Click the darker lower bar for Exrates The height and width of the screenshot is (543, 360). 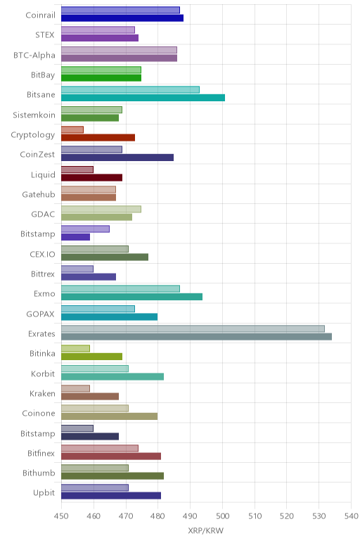(x=196, y=336)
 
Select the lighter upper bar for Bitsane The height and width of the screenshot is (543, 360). (x=130, y=90)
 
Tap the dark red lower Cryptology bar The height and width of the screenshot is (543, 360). (x=98, y=137)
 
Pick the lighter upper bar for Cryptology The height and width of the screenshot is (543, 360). (x=72, y=129)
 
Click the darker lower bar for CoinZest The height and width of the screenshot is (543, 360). (x=117, y=158)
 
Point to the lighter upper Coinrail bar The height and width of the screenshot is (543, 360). (x=120, y=10)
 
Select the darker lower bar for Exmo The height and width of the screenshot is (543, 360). (x=132, y=296)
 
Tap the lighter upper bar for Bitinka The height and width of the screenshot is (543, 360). (x=75, y=348)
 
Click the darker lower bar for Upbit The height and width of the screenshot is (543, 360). (x=111, y=496)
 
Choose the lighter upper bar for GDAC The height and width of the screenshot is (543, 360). (x=101, y=209)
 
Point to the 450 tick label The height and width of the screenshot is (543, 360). (x=61, y=516)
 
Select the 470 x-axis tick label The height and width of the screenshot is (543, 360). (x=126, y=516)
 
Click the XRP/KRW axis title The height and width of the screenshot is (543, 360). (x=206, y=530)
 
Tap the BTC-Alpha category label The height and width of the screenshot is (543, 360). (x=34, y=55)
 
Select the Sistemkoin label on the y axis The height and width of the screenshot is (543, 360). (x=34, y=115)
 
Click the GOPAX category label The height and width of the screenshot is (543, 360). (x=41, y=314)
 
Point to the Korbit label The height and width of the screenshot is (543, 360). (x=43, y=373)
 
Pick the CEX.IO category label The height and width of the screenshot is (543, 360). (x=43, y=254)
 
